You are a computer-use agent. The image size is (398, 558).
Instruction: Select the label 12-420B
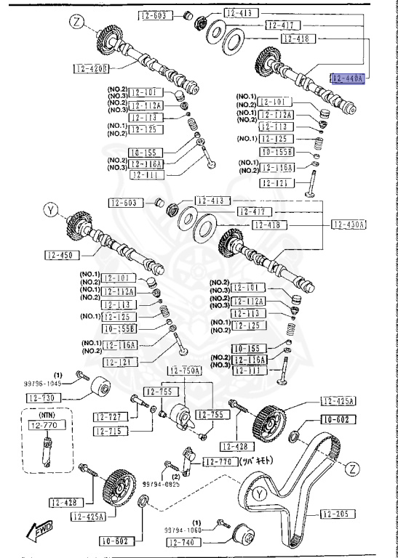click(x=91, y=69)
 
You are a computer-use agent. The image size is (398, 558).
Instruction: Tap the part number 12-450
click(x=62, y=255)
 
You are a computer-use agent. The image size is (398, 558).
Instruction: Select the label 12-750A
click(x=185, y=371)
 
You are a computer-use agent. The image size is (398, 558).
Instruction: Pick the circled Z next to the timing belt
click(x=353, y=469)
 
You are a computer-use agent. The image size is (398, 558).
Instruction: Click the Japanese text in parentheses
click(x=258, y=460)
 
